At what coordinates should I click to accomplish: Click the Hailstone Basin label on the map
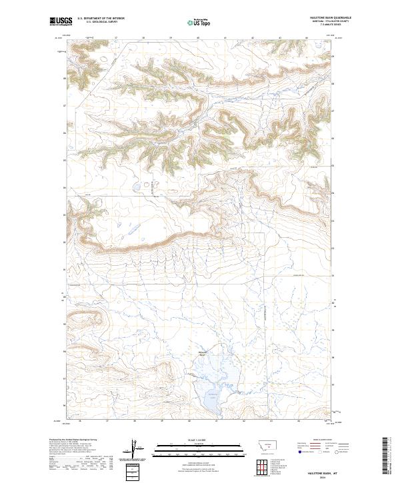[x=203, y=352]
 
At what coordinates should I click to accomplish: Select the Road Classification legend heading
[x=324, y=440]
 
